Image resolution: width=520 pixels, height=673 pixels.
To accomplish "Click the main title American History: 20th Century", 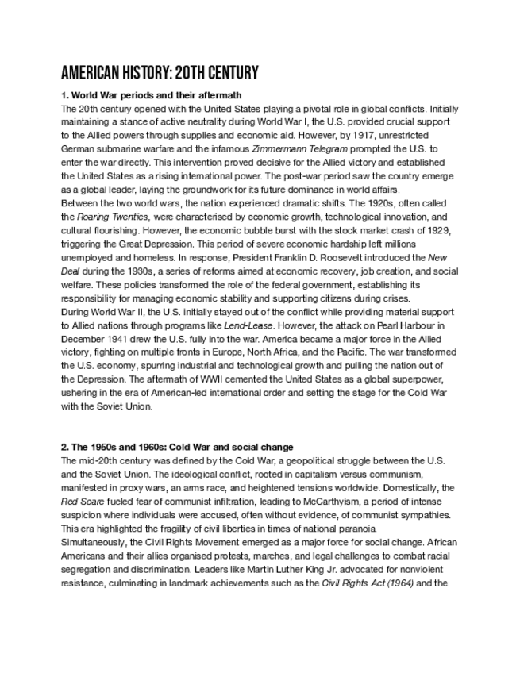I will tap(160, 74).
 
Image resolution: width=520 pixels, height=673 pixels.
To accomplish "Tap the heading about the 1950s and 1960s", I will tap(176, 448).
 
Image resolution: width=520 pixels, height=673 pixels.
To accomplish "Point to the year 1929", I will tap(436, 230).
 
